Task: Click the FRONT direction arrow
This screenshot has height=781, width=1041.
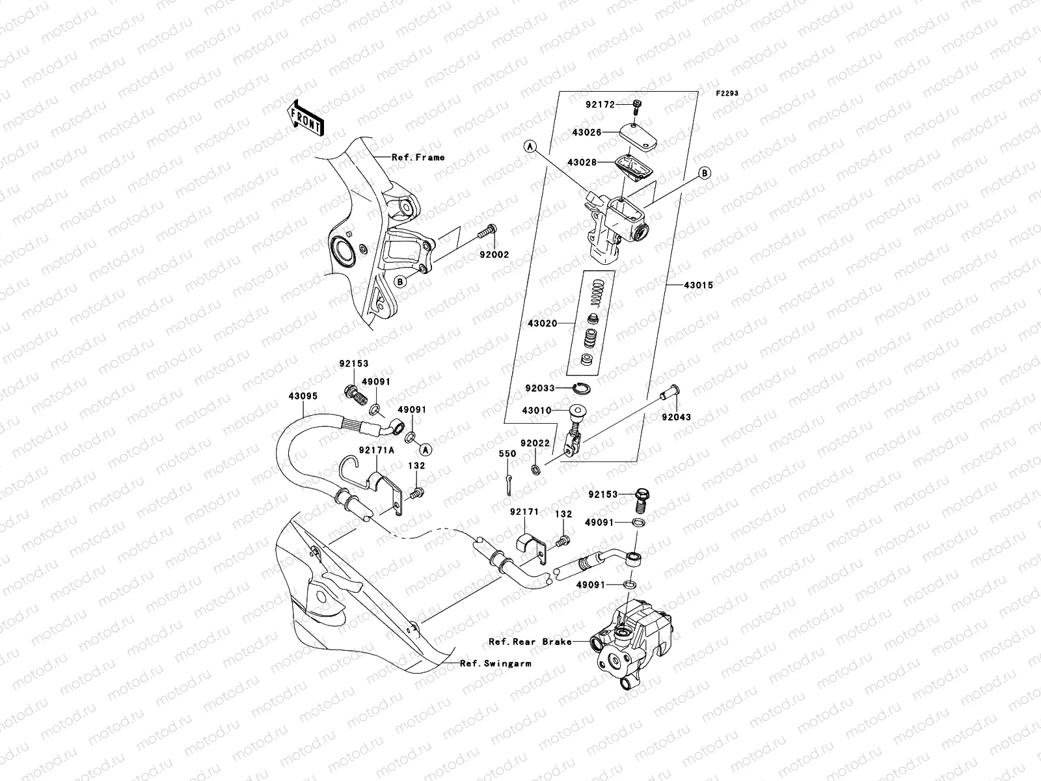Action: point(306,118)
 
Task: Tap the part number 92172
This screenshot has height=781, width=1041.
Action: point(600,103)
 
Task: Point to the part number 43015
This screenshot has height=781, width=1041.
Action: point(699,285)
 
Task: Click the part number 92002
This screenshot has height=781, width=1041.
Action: point(495,255)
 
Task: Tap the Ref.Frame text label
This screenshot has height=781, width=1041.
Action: point(418,157)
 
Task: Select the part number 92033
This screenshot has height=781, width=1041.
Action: point(539,388)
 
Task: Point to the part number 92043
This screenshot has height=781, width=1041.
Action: point(677,417)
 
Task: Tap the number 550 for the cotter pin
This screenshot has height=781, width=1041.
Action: point(507,454)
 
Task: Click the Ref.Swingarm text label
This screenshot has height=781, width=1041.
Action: point(495,664)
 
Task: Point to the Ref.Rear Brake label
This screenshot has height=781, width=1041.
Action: point(530,642)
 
